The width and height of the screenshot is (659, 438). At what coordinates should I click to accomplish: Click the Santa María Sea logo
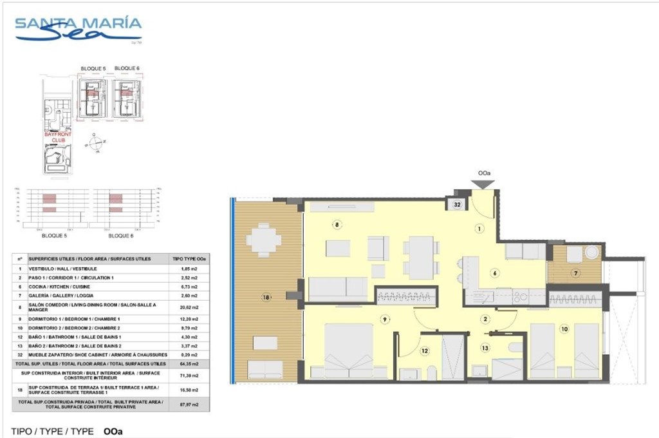(78, 30)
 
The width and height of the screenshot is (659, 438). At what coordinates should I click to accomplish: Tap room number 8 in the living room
(335, 225)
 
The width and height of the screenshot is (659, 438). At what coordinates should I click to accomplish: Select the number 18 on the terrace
(266, 297)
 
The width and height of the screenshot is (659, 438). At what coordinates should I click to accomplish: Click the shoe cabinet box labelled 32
(457, 205)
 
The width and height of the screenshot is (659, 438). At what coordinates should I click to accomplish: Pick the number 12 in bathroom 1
(424, 351)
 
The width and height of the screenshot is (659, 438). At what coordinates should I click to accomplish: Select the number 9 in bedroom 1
(384, 319)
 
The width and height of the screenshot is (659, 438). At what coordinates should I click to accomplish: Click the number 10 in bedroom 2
(564, 329)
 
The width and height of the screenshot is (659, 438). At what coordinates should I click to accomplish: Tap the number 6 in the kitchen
(495, 272)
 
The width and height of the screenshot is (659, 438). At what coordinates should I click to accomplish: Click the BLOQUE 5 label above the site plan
(93, 68)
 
